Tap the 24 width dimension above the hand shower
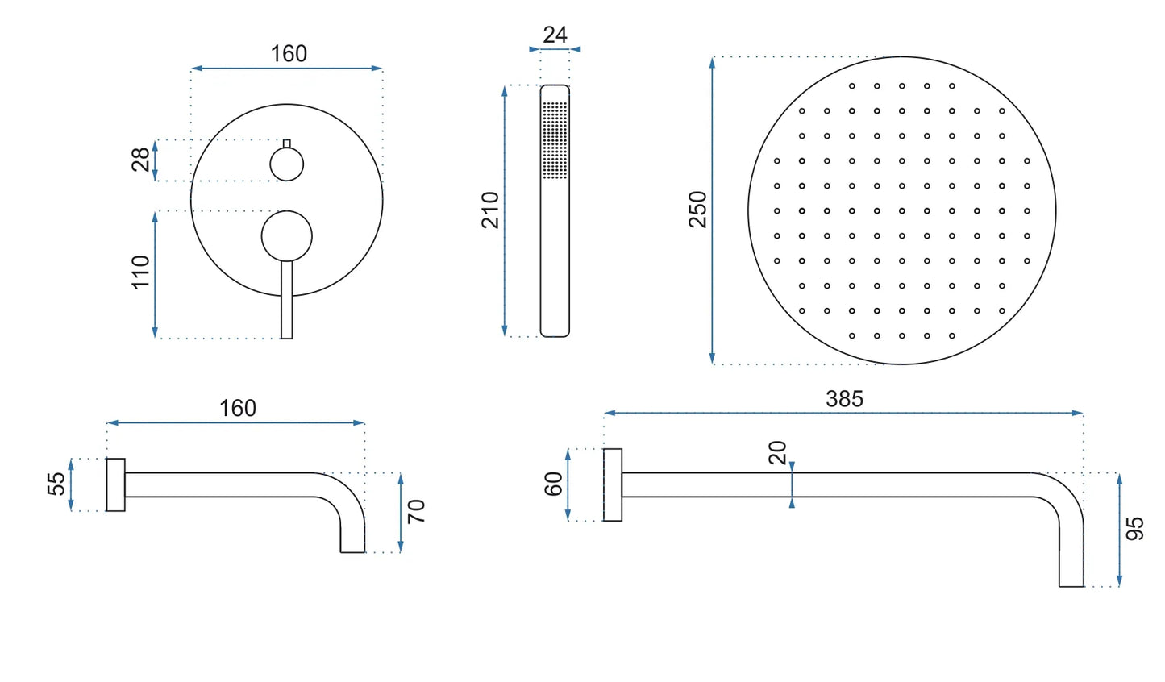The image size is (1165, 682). coord(555,35)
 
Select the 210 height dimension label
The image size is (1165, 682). coord(490,210)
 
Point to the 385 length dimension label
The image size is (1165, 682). coord(845,399)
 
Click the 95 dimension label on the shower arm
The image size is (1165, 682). coord(1135,529)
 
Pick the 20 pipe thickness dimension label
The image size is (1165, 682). coord(777,452)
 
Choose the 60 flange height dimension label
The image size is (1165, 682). coord(553,484)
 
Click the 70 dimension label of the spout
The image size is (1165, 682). coord(417,511)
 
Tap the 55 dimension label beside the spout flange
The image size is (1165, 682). coord(56,484)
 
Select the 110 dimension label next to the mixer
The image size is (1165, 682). coord(140,272)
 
